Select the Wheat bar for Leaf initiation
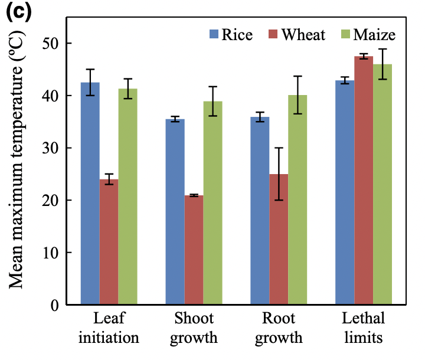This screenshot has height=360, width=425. click(109, 242)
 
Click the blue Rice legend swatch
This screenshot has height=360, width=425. click(213, 34)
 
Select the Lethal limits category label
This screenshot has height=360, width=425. click(363, 329)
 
